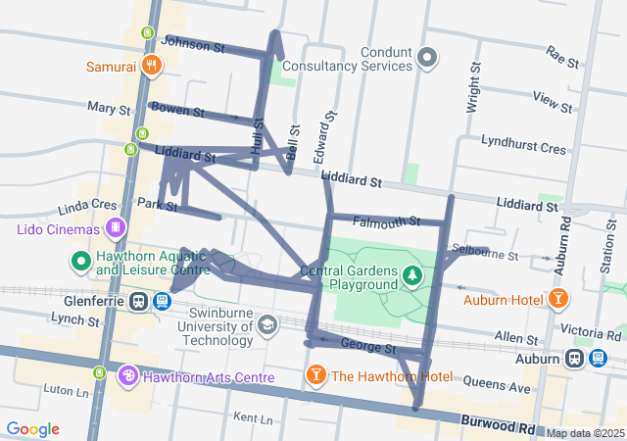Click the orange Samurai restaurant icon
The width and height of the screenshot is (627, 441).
click(152, 66)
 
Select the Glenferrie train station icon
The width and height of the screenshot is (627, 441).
click(140, 301)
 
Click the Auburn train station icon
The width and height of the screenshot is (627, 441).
click(598, 359)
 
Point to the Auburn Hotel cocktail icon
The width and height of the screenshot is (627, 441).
click(557, 297)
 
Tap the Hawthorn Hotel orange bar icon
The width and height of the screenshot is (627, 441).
click(316, 376)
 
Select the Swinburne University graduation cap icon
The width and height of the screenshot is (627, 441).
click(267, 323)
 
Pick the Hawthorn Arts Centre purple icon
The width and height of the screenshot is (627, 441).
click(128, 376)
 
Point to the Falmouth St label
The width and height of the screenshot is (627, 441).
click(386, 221)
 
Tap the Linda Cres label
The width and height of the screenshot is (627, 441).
click(88, 208)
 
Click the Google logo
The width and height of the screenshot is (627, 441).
click(33, 429)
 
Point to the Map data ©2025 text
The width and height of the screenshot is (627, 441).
click(586, 433)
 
